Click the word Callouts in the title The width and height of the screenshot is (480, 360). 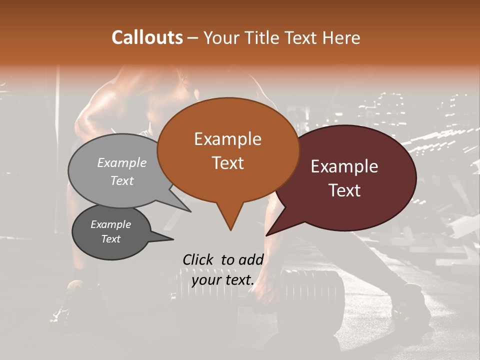tap(147, 37)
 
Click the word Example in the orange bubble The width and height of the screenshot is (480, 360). tap(227, 139)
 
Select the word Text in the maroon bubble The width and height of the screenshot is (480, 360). tap(345, 190)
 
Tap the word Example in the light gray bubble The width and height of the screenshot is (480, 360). tap(122, 162)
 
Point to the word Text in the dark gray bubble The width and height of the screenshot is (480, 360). tap(111, 239)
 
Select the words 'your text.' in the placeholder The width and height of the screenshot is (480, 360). tap(223, 280)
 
